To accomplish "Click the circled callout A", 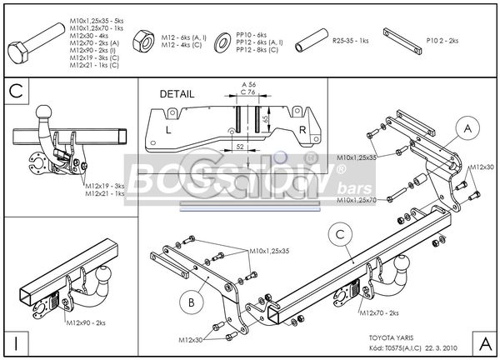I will click(x=468, y=128).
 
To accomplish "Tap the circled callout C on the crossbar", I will click(x=340, y=237).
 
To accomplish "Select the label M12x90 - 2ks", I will click(x=89, y=322).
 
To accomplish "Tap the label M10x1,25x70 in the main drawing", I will click(x=357, y=200).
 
